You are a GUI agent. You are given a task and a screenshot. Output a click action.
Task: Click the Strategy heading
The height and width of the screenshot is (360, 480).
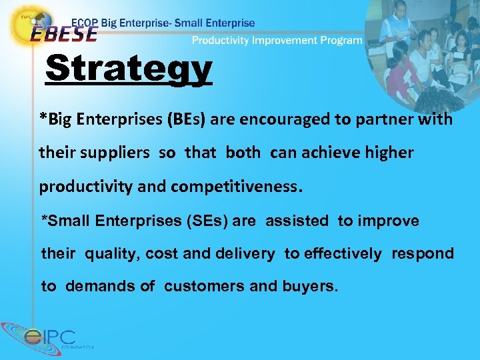click(129, 69)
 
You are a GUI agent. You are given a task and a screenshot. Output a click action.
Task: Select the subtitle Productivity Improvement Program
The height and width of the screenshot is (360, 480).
click(277, 40)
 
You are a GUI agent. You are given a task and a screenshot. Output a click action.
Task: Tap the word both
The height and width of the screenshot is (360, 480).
click(243, 153)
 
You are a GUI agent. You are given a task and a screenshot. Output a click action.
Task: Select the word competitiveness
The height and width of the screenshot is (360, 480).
click(235, 186)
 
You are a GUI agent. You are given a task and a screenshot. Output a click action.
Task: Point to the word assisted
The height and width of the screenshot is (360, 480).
click(297, 221)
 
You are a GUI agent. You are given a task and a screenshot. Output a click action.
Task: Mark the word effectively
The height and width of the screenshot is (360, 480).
click(343, 253)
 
